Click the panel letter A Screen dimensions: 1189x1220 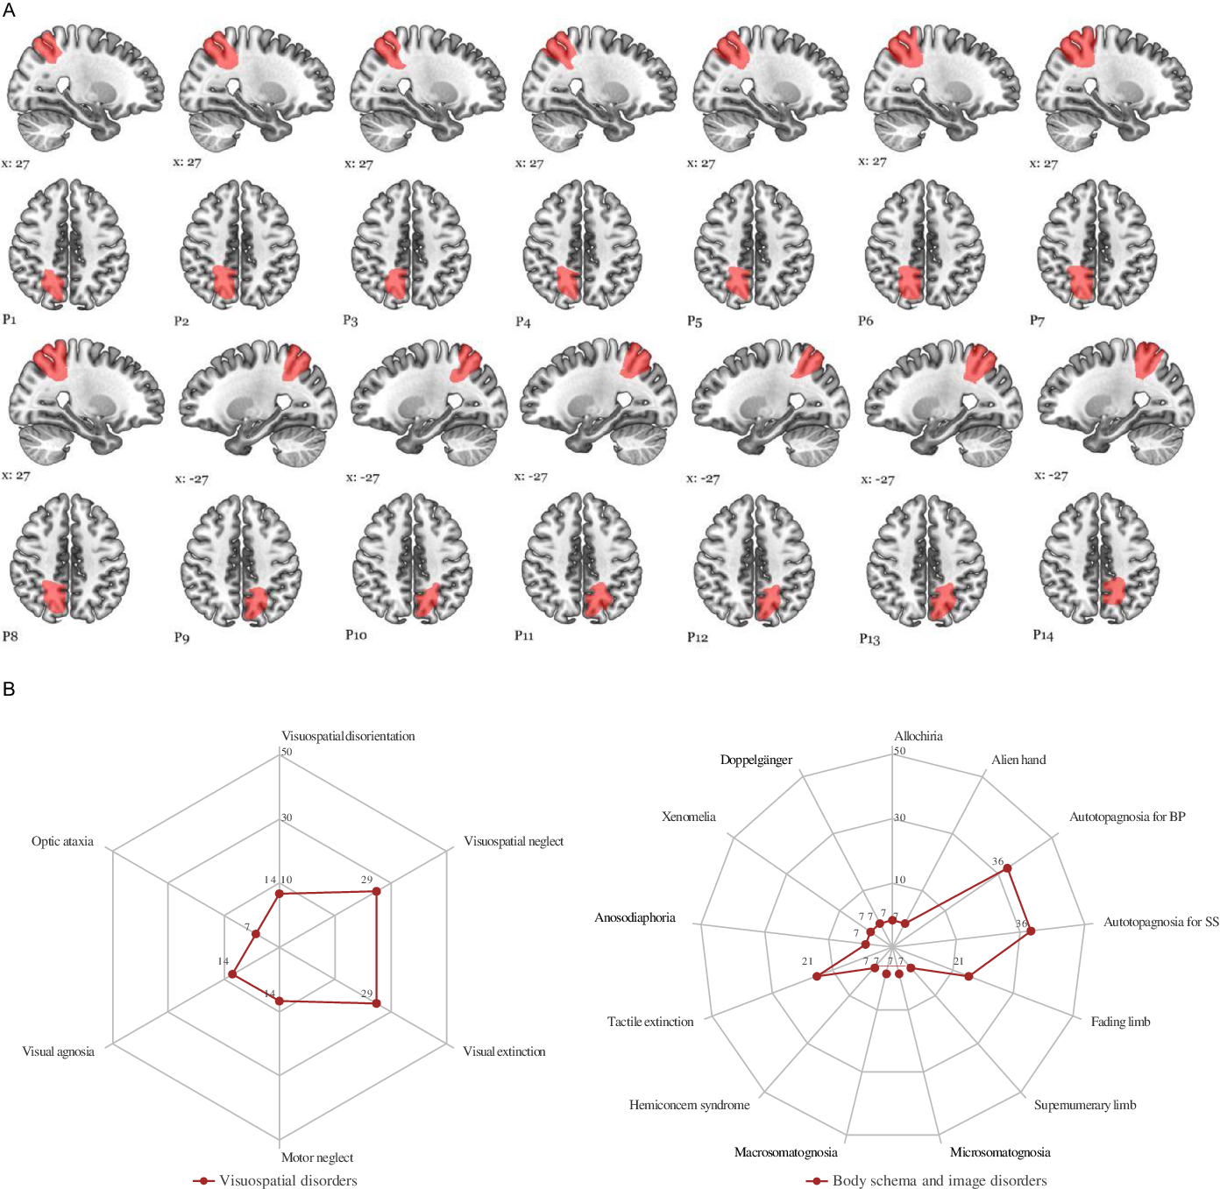coord(9,11)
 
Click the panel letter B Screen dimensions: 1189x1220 coord(9,689)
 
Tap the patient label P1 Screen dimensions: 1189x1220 coord(10,319)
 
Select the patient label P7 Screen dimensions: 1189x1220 coord(1037,321)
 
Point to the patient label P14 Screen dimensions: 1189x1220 coord(1043,635)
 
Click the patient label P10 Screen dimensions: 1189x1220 coord(356,634)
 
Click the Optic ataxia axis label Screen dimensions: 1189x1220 coord(62,841)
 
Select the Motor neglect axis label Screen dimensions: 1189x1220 coord(317,1157)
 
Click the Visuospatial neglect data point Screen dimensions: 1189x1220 coord(377,891)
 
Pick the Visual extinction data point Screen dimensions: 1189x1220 coord(377,1003)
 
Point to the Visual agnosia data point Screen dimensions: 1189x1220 coord(232,974)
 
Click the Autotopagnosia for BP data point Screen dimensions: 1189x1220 coord(1008,868)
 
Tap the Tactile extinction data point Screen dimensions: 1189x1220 coord(817,976)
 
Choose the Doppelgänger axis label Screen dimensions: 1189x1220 coord(756,760)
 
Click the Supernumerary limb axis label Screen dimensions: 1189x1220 coord(1085,1105)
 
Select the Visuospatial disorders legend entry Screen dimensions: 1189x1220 coord(287,1180)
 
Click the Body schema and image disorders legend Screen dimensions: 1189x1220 coord(939,1180)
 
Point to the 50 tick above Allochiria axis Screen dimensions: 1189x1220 coord(899,751)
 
